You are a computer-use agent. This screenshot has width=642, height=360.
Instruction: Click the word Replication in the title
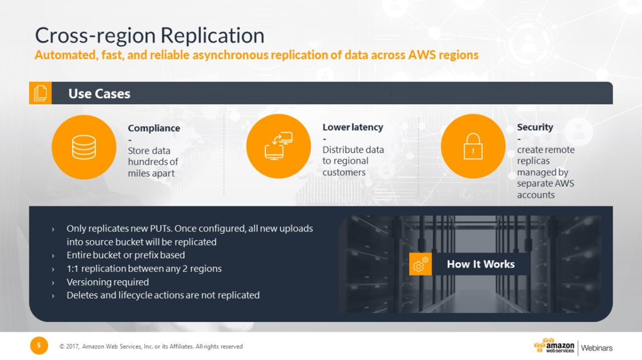[x=212, y=35]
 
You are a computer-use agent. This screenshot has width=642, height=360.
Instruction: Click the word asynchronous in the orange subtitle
[x=230, y=55]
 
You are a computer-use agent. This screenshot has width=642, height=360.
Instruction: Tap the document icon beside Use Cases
[x=41, y=93]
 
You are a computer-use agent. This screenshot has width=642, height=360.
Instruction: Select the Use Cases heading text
[x=99, y=94]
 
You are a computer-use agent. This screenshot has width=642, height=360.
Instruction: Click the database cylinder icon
[x=84, y=147]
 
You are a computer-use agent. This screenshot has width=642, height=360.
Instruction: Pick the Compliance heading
[x=154, y=128]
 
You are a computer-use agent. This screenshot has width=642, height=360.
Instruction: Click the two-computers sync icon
[x=278, y=146]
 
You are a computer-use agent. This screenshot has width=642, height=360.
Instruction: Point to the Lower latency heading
[x=353, y=127]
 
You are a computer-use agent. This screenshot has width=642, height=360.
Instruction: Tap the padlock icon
[x=473, y=146]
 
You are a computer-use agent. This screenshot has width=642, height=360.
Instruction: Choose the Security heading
[x=535, y=127]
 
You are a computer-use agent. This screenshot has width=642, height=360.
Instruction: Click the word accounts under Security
[x=536, y=195]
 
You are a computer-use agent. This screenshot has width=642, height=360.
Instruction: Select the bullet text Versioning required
[x=108, y=282]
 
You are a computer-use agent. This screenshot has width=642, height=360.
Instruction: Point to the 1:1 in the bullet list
[x=72, y=269]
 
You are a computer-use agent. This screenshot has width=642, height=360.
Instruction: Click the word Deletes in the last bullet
[x=82, y=295]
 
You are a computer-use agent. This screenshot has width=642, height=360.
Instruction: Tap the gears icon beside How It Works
[x=420, y=264]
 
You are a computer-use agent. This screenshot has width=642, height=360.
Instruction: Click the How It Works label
[x=480, y=264]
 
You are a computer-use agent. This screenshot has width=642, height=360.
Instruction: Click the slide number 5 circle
[x=39, y=345]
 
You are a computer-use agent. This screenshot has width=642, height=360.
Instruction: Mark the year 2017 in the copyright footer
[x=73, y=346]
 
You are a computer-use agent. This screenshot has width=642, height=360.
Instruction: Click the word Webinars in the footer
[x=597, y=348]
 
